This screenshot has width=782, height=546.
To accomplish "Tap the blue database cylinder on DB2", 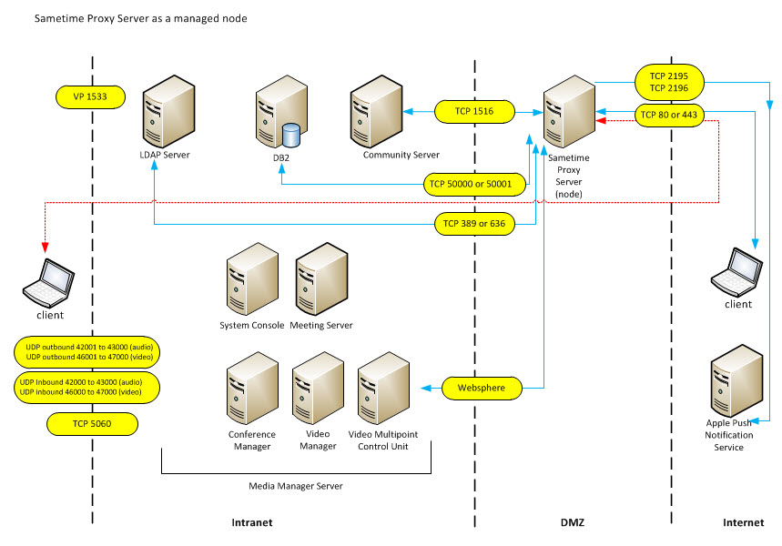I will (x=291, y=136).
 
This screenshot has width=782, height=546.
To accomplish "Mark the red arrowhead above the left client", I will (x=45, y=246).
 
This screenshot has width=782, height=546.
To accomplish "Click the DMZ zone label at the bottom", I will (x=572, y=523).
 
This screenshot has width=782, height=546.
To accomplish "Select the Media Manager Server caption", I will (x=296, y=487).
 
